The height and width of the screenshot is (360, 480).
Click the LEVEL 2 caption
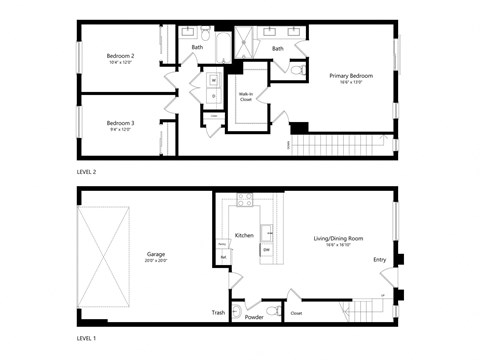pyautogui.click(x=87, y=172)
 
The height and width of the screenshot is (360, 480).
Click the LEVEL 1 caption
pyautogui.click(x=87, y=339)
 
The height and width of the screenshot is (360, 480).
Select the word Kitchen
pyautogui.click(x=244, y=235)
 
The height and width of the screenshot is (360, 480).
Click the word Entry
pyautogui.click(x=379, y=260)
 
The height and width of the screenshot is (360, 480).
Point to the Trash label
pyautogui.click(x=218, y=312)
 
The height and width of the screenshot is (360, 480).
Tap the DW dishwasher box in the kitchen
pyautogui.click(x=267, y=249)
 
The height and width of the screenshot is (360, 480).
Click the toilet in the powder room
pyautogui.click(x=273, y=309)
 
